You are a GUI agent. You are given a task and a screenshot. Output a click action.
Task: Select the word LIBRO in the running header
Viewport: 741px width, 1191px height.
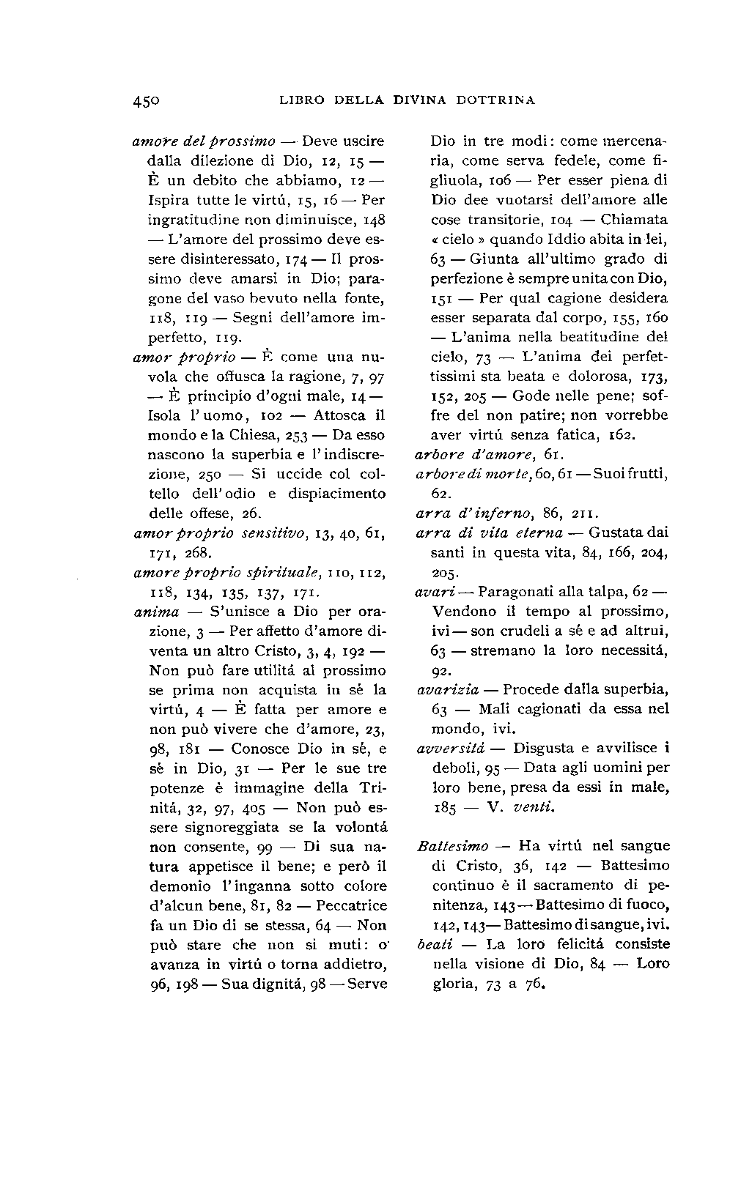tap(303, 100)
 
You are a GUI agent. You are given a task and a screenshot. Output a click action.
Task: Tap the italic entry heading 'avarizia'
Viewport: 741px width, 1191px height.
tap(448, 690)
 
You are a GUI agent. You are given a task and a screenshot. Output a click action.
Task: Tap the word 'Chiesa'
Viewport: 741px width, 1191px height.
tap(240, 435)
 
